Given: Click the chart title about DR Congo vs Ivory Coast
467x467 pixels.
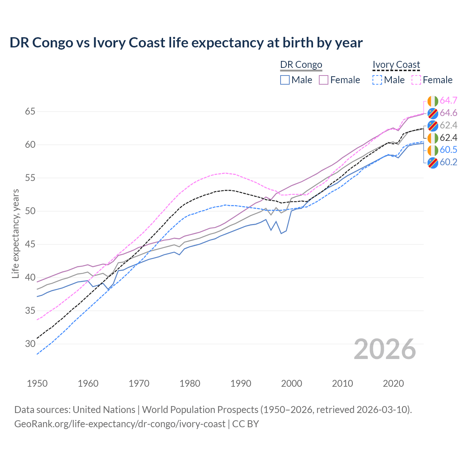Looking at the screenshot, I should pos(186,43).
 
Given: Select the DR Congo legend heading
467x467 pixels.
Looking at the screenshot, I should pos(301,65).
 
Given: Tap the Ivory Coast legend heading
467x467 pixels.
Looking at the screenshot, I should pos(396,65).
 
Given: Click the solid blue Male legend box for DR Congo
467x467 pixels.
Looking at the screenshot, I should pos(285,80).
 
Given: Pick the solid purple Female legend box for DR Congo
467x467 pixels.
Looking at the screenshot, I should pos(324,80).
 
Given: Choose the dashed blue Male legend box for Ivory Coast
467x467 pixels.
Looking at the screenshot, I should pos(377,80).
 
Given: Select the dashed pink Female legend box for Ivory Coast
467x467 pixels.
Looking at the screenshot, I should pos(416,80).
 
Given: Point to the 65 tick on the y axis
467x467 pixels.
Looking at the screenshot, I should pos(30,111).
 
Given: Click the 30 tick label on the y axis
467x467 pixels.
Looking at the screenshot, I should pos(30,344).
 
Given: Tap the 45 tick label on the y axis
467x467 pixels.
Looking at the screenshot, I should pos(30,244).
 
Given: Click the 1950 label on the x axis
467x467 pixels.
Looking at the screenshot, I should pos(37,383).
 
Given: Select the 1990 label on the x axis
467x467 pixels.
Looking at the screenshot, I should pos(241,383).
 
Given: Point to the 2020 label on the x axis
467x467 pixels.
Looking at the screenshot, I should pos(393,383).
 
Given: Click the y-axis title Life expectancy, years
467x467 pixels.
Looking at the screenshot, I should pos(15,233).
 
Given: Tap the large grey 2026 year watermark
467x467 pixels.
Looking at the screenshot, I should pos(385,349).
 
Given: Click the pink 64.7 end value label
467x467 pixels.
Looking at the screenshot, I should pos(448,101).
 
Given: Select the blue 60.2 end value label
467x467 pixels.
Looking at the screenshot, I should pos(448,162).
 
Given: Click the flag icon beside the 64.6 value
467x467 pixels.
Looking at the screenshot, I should pos(433,113).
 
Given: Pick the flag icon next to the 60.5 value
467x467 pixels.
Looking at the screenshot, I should pos(433,150).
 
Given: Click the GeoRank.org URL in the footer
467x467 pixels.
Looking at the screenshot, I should pos(120,424).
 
